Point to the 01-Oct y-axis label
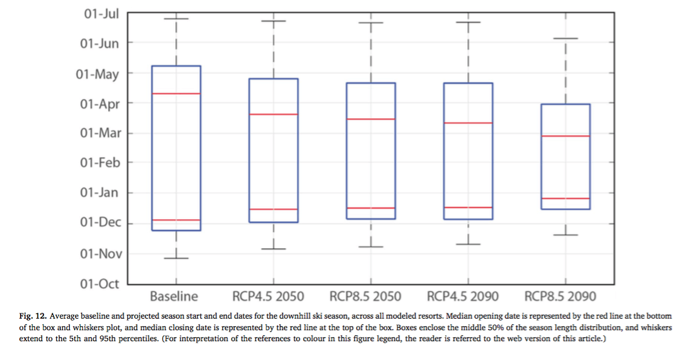tap(100, 283)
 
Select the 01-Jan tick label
tap(100, 193)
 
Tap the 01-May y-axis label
tap(98, 74)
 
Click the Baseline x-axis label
tap(174, 297)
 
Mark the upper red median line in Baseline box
tap(176, 94)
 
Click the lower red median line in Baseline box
tap(176, 220)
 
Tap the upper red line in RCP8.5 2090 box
tap(565, 136)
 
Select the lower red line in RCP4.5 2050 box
tap(273, 209)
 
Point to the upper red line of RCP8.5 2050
tap(371, 119)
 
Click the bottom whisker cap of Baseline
tap(176, 258)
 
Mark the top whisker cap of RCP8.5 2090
tap(565, 39)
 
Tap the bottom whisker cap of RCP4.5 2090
tap(468, 244)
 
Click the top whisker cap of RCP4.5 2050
tap(273, 21)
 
